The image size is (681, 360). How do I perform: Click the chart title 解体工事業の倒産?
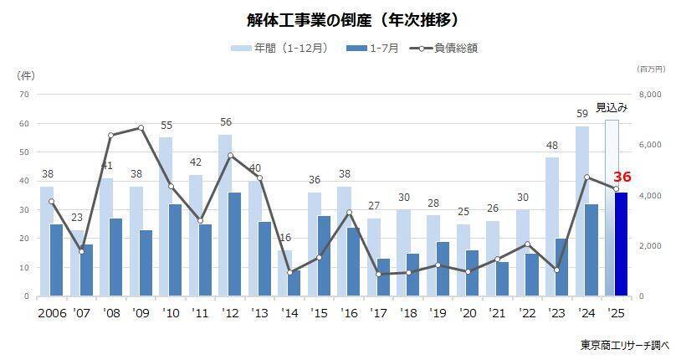(340, 18)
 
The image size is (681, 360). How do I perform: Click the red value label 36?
(622, 177)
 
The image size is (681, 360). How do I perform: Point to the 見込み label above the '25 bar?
(612, 107)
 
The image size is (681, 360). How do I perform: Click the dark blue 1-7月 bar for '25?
(621, 244)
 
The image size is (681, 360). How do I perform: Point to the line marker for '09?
(141, 128)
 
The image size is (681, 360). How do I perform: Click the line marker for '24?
(587, 177)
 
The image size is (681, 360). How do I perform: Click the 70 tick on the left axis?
(24, 95)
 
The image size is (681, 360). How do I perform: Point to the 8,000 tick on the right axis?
(650, 95)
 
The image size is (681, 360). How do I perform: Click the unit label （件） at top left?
(26, 75)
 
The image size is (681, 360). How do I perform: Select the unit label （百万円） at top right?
(650, 68)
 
